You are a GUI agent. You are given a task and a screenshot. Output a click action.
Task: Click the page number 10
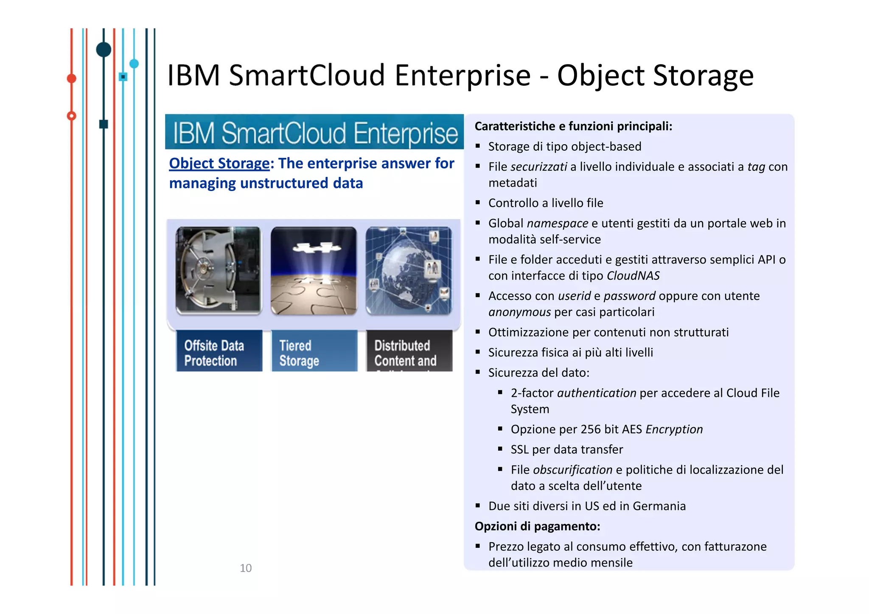245,568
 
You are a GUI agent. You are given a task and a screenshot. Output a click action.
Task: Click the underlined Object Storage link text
219,163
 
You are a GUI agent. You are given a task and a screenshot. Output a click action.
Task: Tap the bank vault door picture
219,270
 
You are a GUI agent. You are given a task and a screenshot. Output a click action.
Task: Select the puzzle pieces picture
314,270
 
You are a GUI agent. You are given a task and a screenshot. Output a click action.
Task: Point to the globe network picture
409,270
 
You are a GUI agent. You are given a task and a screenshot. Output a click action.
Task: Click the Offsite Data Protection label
214,353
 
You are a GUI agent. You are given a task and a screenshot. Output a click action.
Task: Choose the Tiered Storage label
299,353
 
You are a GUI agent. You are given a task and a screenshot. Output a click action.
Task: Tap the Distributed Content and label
405,353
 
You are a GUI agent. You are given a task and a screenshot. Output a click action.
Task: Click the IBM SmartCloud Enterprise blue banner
314,132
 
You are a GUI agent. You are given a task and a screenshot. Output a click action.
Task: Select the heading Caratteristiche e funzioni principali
573,126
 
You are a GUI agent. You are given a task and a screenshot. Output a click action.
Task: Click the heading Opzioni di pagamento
537,526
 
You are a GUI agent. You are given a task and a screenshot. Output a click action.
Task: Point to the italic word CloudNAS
633,276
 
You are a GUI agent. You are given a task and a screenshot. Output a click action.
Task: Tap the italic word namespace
557,223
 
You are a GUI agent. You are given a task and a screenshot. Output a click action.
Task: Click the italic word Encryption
674,429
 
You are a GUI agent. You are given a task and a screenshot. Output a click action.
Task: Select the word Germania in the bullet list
659,506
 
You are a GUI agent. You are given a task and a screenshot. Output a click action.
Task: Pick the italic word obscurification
572,470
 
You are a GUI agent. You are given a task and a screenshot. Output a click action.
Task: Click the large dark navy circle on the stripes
104,50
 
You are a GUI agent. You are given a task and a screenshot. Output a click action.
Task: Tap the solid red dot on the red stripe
72,79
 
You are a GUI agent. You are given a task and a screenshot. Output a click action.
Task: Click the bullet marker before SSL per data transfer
500,449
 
